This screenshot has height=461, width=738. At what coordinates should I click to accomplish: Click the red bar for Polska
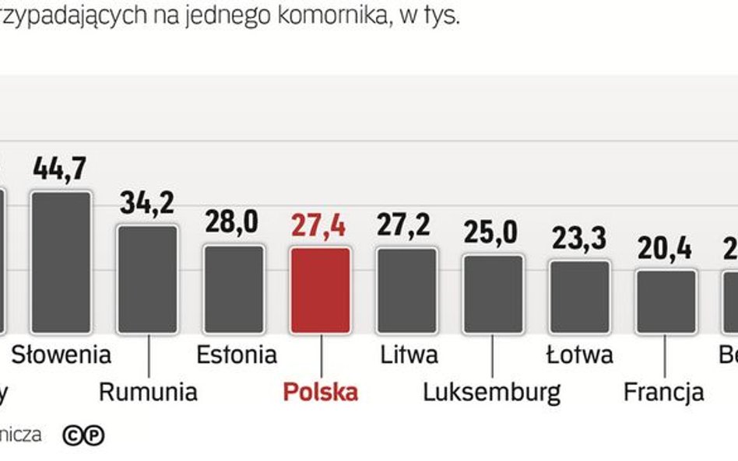click(x=320, y=290)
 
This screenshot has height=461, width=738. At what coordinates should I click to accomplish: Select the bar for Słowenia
click(x=61, y=262)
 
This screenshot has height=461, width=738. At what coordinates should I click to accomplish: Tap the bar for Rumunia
click(x=147, y=279)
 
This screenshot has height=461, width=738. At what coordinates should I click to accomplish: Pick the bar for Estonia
click(x=234, y=289)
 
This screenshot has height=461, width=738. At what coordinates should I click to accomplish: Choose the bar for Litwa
click(x=406, y=290)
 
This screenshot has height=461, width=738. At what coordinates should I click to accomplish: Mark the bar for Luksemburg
click(x=493, y=294)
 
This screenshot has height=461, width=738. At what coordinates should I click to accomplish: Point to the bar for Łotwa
click(x=579, y=297)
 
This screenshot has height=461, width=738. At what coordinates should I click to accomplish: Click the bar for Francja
click(x=666, y=302)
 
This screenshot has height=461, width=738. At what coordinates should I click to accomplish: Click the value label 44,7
click(x=60, y=169)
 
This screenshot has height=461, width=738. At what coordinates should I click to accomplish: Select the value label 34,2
click(x=147, y=203)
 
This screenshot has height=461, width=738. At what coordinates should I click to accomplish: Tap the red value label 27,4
click(x=319, y=225)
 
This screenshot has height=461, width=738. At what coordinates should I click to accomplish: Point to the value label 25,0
click(x=492, y=232)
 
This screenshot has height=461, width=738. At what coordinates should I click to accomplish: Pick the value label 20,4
click(x=666, y=248)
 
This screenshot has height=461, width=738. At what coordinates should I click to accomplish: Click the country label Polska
click(x=320, y=392)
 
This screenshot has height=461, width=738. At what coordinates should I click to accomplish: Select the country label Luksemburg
click(x=492, y=392)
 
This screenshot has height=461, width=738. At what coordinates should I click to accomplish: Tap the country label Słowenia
click(x=61, y=355)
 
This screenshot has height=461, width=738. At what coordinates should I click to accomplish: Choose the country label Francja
click(x=664, y=392)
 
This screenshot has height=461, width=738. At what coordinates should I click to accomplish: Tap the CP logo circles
click(x=83, y=435)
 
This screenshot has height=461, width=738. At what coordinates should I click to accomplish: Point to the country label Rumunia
click(x=148, y=392)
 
